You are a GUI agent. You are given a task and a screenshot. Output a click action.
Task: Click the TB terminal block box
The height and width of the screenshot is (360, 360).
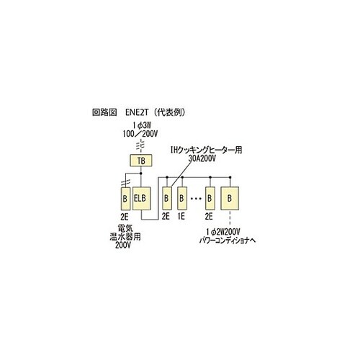(141, 161)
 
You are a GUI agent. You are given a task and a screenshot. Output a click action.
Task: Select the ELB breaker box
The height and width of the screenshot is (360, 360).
(142, 199)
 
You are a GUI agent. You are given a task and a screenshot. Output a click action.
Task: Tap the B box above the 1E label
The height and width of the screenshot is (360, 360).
(182, 198)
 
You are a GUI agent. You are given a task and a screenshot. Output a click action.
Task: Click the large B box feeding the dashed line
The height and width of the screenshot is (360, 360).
(230, 198)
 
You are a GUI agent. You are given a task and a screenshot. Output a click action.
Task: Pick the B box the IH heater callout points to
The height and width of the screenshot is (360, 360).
(167, 198)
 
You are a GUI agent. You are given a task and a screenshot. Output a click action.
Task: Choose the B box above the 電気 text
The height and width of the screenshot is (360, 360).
(125, 199)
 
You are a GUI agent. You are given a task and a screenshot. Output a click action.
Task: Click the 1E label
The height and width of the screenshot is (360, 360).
(181, 217)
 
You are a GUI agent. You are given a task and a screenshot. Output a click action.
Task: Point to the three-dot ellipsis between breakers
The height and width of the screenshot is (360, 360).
(196, 199)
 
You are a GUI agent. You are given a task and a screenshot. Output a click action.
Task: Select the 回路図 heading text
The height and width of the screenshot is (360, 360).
(104, 112)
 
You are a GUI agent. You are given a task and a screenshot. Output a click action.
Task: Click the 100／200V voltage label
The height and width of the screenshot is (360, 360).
(140, 134)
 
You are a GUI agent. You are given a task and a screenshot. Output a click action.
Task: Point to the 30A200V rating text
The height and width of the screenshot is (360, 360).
(202, 158)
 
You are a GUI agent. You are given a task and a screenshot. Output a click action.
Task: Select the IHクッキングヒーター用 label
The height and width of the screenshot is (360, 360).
(206, 150)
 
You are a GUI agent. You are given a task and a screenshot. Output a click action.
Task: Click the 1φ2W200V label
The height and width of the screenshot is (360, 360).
(222, 232)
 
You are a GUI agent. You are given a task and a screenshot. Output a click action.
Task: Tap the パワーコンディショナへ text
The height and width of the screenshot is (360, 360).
(228, 240)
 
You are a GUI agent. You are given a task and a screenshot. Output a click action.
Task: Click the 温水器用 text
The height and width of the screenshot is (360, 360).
(125, 237)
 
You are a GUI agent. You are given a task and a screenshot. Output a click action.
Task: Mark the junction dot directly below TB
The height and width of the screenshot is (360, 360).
(141, 173)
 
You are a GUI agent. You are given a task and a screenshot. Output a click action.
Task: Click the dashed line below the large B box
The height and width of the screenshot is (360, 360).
(230, 218)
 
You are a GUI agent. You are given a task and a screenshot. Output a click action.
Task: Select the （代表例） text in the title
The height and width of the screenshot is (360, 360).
(170, 112)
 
